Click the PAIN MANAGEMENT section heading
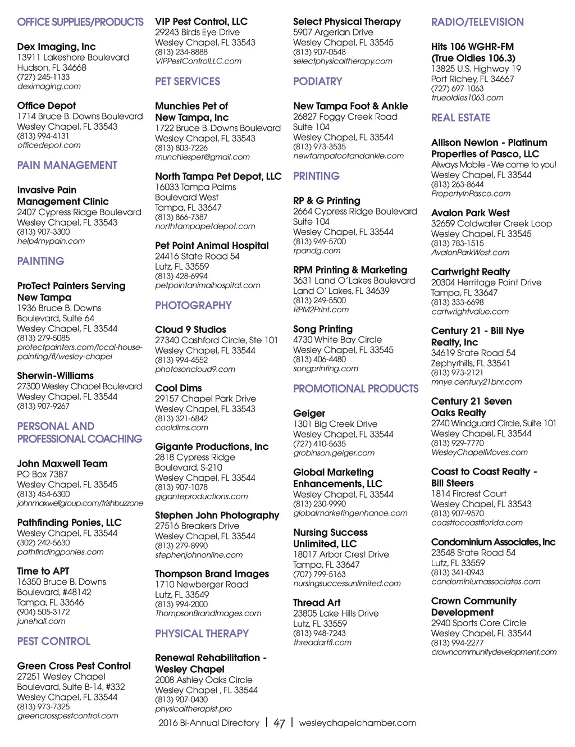(67, 165)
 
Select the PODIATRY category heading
(317, 81)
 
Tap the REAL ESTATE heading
(460, 118)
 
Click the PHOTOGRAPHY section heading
(193, 306)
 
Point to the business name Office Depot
(47, 106)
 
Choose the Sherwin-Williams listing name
(56, 376)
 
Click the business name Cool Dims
(179, 388)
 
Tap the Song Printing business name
(323, 329)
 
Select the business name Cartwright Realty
(471, 272)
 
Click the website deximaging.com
(49, 86)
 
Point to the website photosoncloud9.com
(195, 369)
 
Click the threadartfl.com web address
(322, 643)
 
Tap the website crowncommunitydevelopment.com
(494, 652)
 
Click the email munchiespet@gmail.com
(202, 157)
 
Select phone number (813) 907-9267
(43, 406)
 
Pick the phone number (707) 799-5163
(320, 574)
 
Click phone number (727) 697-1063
(457, 88)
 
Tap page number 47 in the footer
(279, 723)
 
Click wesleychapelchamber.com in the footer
(357, 723)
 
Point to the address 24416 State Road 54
(197, 256)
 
